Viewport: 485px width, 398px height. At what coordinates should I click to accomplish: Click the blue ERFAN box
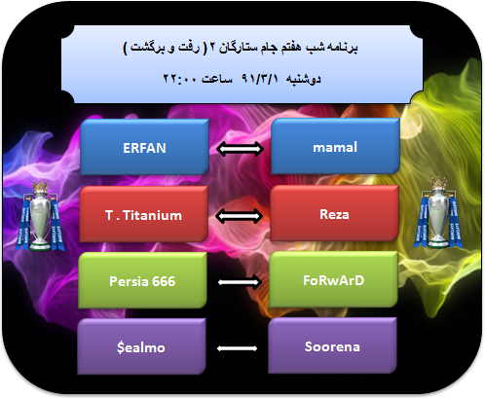(x=144, y=147)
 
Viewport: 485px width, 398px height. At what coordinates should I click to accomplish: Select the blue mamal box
(x=335, y=146)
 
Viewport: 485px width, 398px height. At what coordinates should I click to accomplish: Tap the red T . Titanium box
(x=143, y=214)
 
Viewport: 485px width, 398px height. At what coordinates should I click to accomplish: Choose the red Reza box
(x=334, y=213)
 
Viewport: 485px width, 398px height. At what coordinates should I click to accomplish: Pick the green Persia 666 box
(x=142, y=280)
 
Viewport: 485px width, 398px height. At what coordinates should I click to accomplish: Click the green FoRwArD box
(x=333, y=279)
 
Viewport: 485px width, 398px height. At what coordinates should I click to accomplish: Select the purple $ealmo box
(x=141, y=346)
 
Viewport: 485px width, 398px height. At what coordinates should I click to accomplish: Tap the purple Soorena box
(x=332, y=345)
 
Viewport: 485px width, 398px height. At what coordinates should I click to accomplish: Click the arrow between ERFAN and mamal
(x=240, y=149)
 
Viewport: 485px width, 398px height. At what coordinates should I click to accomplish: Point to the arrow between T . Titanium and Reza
(x=240, y=216)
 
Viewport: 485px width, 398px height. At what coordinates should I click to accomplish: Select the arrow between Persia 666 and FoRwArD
(x=240, y=282)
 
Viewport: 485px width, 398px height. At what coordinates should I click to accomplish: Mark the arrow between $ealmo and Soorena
(x=237, y=348)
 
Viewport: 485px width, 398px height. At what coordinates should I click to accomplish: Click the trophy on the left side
(x=40, y=216)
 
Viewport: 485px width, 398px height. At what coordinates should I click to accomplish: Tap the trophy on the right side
(x=438, y=213)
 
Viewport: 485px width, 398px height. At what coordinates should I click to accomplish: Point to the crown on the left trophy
(x=40, y=187)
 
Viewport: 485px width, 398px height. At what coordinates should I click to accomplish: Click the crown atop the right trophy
(x=438, y=184)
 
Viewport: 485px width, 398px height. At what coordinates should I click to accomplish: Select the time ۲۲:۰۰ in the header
(x=179, y=79)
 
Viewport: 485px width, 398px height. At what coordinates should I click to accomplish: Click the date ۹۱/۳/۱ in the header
(x=260, y=79)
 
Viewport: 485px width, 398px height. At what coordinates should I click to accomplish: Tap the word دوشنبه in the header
(x=303, y=79)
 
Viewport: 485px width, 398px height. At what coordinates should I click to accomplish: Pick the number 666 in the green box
(x=164, y=281)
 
